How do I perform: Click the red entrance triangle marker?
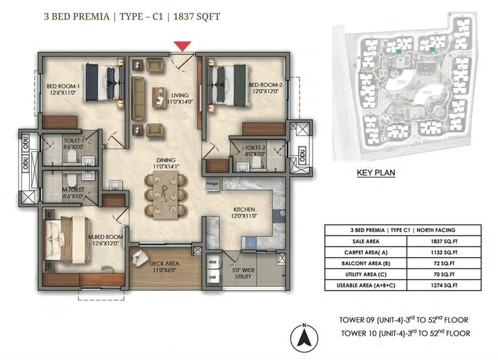[182, 46]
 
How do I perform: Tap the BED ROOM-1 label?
[64, 86]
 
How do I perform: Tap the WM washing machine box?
[212, 263]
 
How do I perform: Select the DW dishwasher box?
[212, 278]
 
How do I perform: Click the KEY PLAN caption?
[376, 173]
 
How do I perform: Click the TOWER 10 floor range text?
[405, 333]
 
